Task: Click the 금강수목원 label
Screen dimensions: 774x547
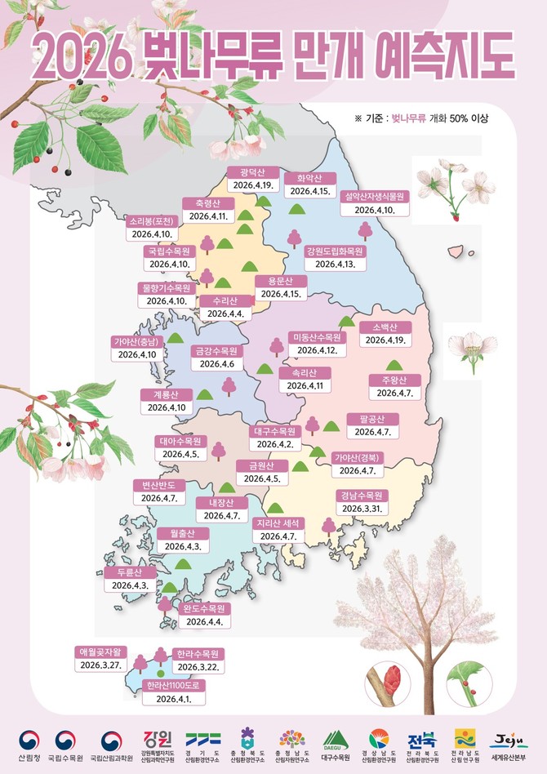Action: (x=216, y=351)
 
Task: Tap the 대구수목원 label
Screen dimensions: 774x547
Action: (x=274, y=431)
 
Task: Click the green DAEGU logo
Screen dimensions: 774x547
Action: (x=336, y=740)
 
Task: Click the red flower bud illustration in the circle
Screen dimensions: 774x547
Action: (x=391, y=679)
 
